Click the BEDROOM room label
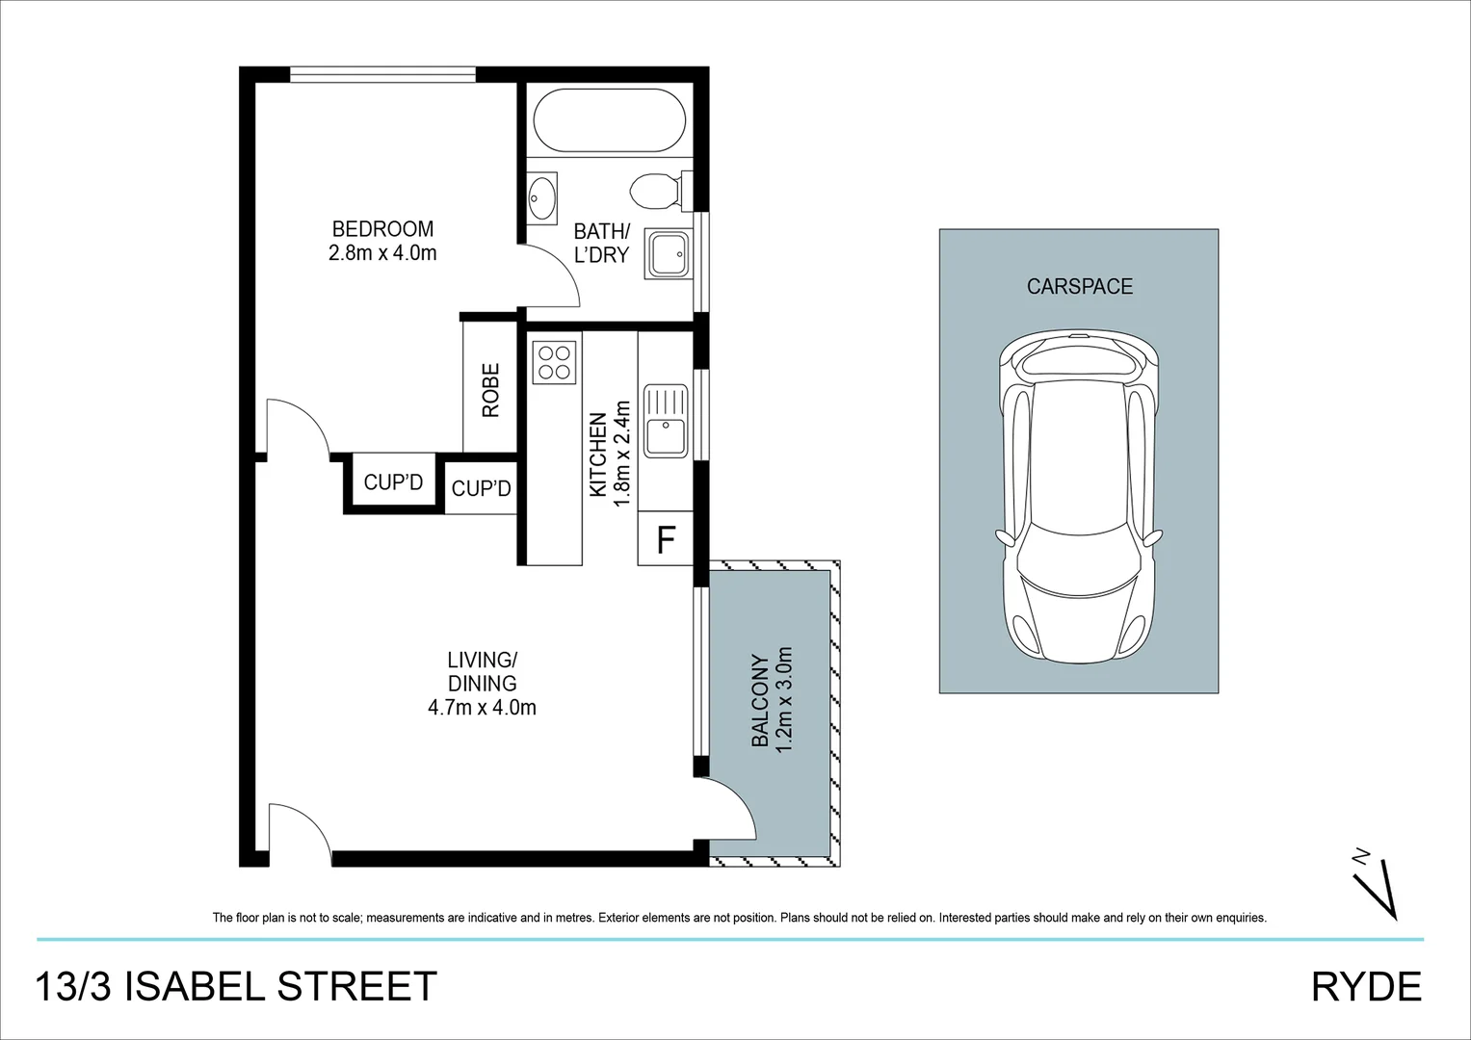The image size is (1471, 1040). (382, 229)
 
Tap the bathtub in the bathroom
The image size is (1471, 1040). (609, 120)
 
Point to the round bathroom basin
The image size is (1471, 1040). (542, 199)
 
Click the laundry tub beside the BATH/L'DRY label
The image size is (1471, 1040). (667, 254)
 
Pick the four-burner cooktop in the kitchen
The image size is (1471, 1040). (554, 362)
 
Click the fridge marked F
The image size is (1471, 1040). (666, 540)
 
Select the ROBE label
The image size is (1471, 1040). (491, 390)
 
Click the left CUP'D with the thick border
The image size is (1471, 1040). (393, 482)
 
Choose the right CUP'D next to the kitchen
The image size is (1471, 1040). (481, 489)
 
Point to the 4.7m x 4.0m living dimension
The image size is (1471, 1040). (482, 708)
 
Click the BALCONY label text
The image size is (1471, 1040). (760, 701)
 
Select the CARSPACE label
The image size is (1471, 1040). (1079, 286)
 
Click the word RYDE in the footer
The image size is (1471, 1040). (1366, 987)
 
